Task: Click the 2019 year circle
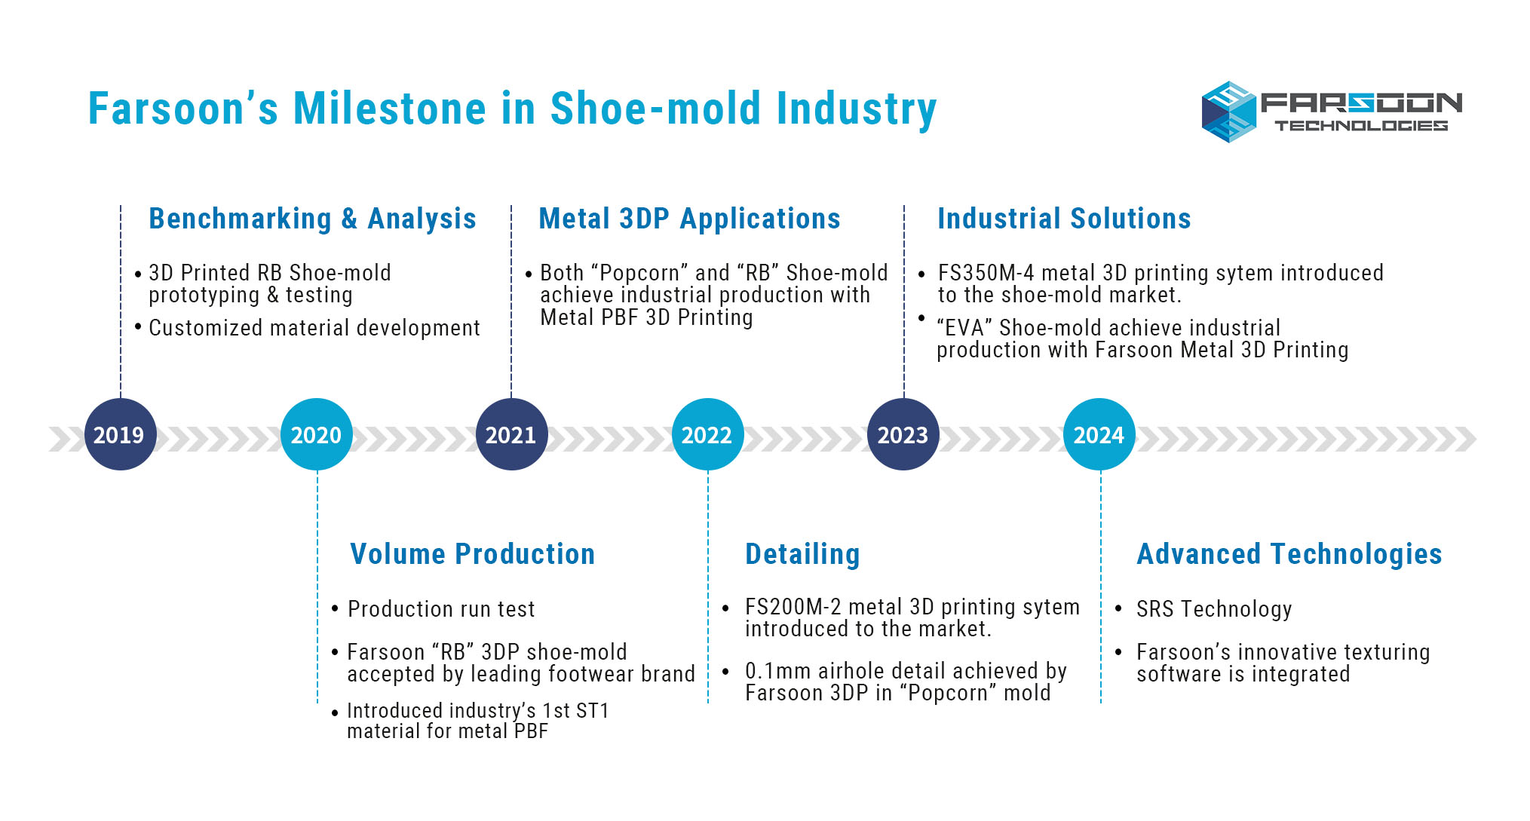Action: [x=120, y=434]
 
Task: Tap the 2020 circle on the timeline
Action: [x=317, y=434]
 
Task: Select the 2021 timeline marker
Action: [x=512, y=434]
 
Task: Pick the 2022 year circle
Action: [x=707, y=434]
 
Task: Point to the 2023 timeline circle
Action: [x=903, y=434]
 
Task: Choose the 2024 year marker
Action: [x=1099, y=434]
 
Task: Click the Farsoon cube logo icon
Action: [x=1229, y=112]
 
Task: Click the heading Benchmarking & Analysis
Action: [x=312, y=219]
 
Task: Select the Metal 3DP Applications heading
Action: [x=689, y=219]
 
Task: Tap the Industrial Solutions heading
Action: [x=1064, y=219]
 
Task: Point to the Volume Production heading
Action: [x=473, y=554]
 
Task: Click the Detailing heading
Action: [x=802, y=555]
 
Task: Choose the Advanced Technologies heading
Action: [x=1289, y=555]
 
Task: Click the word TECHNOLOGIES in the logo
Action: [x=1361, y=125]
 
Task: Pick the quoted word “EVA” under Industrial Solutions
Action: [x=964, y=328]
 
